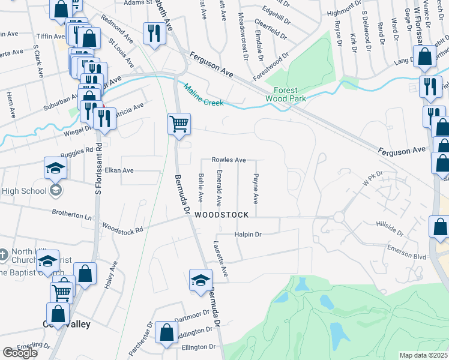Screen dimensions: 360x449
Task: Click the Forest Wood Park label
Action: coord(286,94)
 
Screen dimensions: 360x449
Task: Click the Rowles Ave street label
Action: coord(229,160)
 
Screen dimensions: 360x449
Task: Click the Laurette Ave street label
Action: coord(220,259)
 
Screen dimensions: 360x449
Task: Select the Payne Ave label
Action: coord(256,188)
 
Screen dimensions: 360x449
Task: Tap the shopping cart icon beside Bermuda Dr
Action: coord(179,124)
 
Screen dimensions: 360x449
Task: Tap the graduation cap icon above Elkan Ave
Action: coord(55,167)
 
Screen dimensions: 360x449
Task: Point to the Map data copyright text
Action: coord(423,355)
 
